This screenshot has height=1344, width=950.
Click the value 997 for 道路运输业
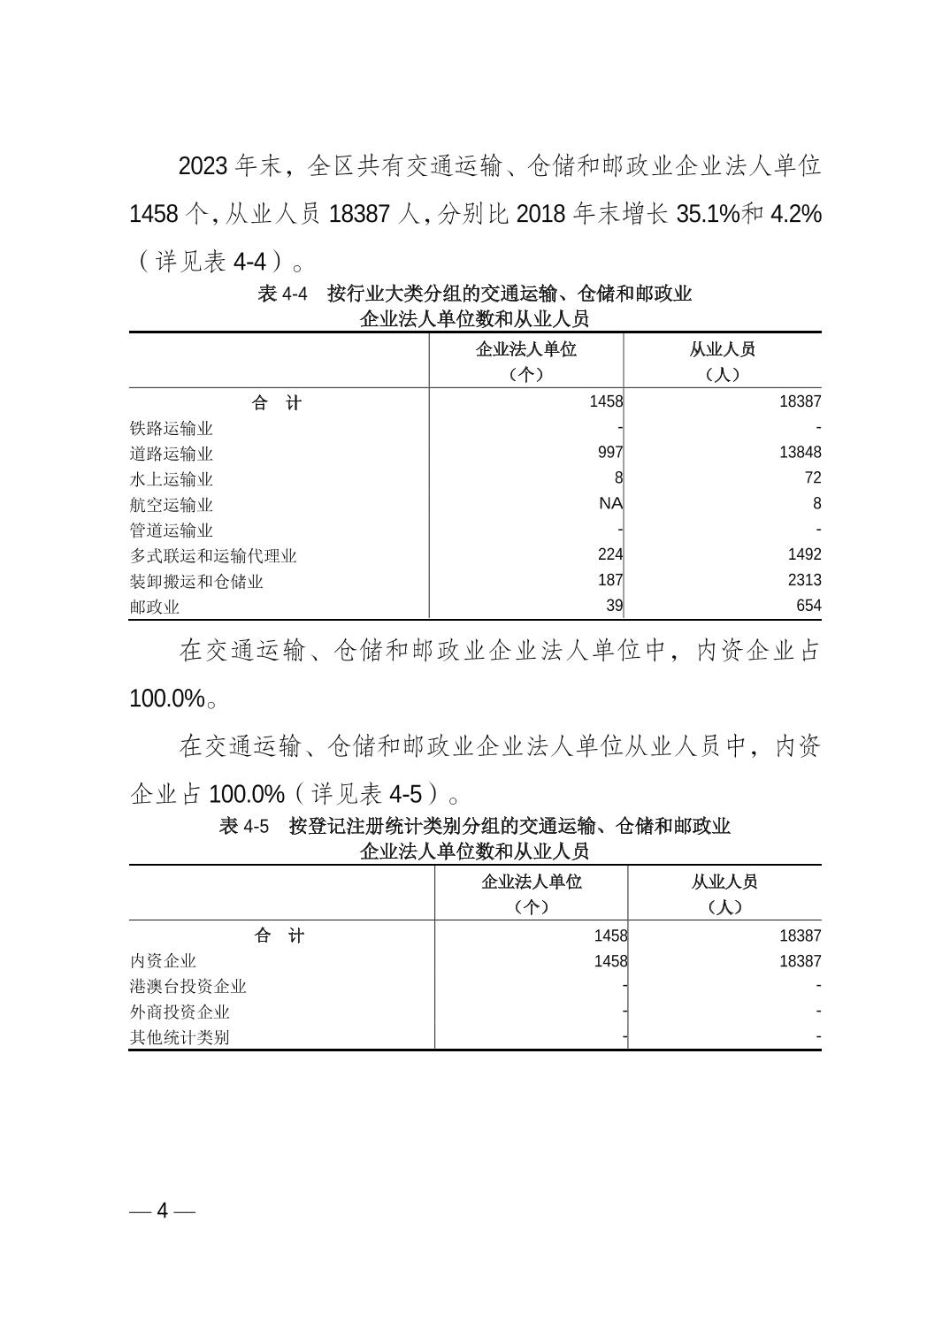[610, 453]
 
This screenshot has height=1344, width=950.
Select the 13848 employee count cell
[800, 453]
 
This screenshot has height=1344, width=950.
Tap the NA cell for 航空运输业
[610, 504]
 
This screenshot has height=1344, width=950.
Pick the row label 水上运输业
[171, 479]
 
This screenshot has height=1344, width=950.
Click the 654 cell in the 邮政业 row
[808, 606]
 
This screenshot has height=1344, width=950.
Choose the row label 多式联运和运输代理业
[212, 556]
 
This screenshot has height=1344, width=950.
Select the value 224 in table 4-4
[610, 554]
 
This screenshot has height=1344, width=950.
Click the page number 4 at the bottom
[162, 1210]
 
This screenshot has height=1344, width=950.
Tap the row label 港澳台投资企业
[188, 986]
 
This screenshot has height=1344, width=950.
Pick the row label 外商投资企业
[180, 1012]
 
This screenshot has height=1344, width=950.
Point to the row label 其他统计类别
[180, 1037]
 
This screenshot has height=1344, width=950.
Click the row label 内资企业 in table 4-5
[163, 960]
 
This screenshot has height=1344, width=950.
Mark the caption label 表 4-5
[243, 827]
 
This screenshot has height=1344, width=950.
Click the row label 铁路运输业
[171, 428]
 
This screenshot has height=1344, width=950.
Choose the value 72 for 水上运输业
[812, 478]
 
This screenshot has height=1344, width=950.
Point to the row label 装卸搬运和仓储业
[195, 582]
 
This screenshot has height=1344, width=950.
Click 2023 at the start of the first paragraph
[203, 166]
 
